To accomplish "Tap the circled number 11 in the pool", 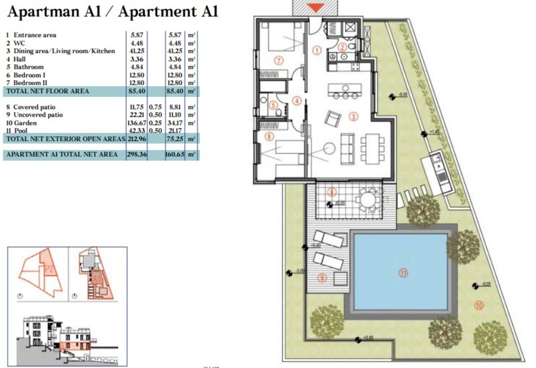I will pyautogui.click(x=403, y=273).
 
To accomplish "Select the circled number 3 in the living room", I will pyautogui.click(x=353, y=117).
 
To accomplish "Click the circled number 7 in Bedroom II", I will pyautogui.click(x=279, y=61).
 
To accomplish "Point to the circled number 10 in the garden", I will pyautogui.click(x=479, y=306).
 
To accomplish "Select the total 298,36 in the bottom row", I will pyautogui.click(x=137, y=155).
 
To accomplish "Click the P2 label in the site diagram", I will pyautogui.click(x=50, y=269).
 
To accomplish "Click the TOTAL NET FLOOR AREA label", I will pyautogui.click(x=47, y=91).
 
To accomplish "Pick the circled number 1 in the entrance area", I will pyautogui.click(x=317, y=50).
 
